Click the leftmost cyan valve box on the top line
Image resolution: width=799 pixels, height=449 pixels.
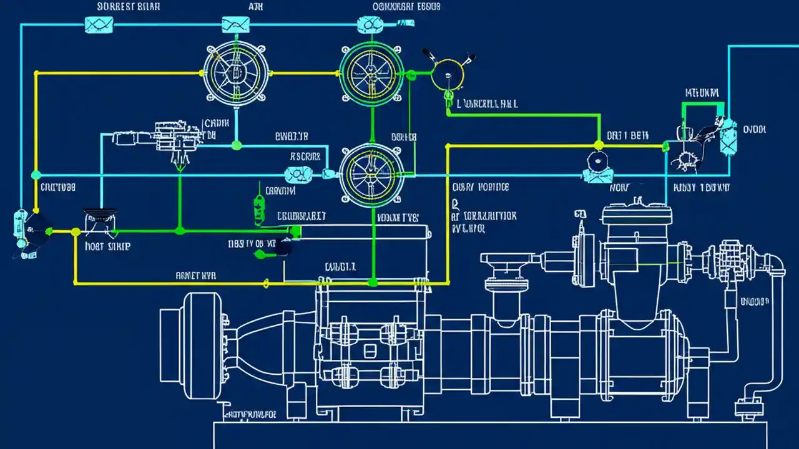(x=99, y=24)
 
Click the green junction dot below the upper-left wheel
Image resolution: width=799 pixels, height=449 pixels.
(x=236, y=145)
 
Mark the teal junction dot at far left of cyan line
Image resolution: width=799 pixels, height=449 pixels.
(x=36, y=175)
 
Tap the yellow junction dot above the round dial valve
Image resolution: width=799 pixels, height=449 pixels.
(x=599, y=145)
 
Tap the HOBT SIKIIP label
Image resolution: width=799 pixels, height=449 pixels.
(x=107, y=246)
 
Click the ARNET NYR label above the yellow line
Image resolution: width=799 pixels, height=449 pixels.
(x=195, y=274)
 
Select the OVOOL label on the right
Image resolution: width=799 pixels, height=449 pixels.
(x=754, y=130)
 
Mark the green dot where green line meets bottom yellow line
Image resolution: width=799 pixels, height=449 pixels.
(x=373, y=282)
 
